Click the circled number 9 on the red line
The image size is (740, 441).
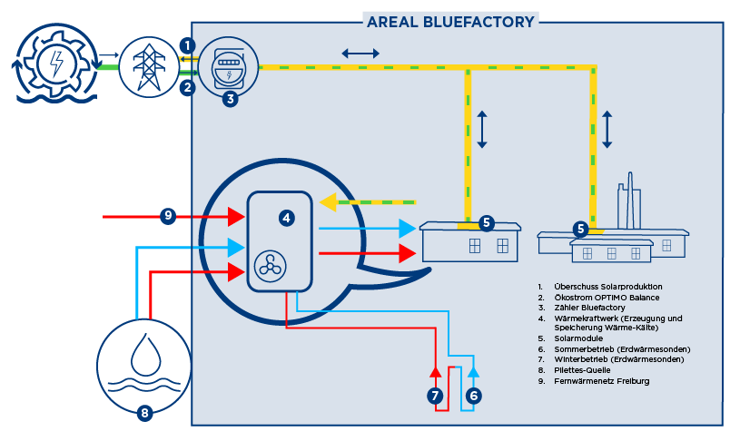point(168,216)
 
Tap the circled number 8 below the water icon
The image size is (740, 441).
point(143,414)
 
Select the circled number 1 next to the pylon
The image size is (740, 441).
point(187,45)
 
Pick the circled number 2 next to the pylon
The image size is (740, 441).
point(187,87)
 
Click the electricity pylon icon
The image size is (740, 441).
point(149,65)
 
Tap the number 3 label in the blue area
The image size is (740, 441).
point(231,99)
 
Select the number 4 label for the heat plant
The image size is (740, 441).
point(286,218)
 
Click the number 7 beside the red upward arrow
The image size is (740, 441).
point(435,396)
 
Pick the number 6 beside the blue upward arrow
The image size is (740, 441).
point(473,396)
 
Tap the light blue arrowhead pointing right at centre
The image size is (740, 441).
point(407,229)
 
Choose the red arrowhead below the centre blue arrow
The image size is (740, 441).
point(407,253)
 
